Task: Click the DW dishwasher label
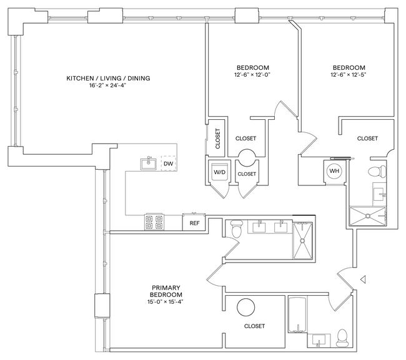tap(167, 164)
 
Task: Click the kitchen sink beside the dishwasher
tap(149, 164)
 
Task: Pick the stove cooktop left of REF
tap(154, 221)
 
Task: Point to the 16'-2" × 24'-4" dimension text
tap(109, 87)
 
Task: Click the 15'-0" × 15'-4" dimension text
tap(166, 301)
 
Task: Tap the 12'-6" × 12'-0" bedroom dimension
tap(252, 75)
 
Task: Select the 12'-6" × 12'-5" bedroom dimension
tap(349, 75)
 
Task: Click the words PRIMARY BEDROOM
tap(166, 291)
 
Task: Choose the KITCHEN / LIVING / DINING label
tap(109, 78)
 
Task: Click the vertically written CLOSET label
tap(217, 140)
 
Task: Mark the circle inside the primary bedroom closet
tap(245, 307)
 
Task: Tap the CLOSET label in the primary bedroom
tap(255, 326)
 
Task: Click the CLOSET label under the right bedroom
tap(367, 139)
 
